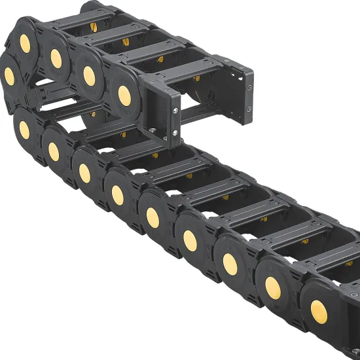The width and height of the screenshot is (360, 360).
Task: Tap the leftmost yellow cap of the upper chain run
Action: (x=9, y=76)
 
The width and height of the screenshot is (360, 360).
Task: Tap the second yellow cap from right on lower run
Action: (x=273, y=288)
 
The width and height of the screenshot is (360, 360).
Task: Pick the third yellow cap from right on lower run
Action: (x=230, y=263)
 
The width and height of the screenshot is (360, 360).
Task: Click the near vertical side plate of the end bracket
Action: (x=166, y=118)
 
